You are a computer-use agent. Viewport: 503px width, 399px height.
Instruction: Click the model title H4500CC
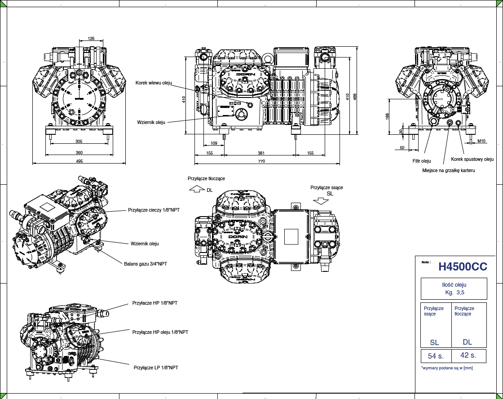(463, 267)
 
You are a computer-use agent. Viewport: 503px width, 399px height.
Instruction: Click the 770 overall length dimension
(261, 161)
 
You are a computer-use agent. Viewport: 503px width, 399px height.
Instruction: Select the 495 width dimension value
(79, 161)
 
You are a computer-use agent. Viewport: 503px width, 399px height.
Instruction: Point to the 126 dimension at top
(91, 39)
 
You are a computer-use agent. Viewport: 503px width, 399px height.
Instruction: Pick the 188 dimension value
(388, 116)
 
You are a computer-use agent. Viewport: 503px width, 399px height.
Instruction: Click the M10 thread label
(481, 141)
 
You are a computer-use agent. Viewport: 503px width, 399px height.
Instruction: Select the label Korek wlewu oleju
(154, 83)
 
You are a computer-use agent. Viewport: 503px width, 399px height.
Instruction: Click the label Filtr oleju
(422, 161)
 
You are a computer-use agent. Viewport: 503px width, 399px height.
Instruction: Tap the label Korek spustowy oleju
(472, 160)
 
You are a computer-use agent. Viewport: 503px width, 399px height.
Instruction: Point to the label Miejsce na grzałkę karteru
(448, 171)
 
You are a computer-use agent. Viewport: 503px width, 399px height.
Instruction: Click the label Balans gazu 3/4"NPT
(146, 264)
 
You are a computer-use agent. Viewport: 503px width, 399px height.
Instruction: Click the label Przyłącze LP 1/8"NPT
(156, 368)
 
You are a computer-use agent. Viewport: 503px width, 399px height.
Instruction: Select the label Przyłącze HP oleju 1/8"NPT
(160, 332)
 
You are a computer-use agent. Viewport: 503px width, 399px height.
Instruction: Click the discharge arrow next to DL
(197, 190)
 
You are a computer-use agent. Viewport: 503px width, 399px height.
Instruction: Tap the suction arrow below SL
(321, 201)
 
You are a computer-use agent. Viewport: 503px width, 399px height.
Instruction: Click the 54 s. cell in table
(436, 356)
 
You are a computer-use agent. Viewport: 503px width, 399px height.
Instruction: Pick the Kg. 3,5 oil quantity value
(454, 293)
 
